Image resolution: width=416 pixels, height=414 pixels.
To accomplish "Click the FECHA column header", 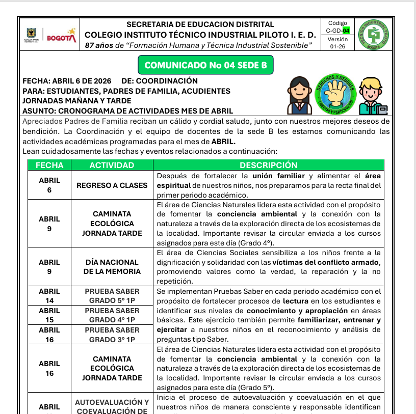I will (x=49, y=165).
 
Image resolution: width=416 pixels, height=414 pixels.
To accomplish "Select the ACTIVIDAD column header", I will (x=112, y=165).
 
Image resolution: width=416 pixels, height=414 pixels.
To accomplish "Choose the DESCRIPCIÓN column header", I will (x=268, y=165).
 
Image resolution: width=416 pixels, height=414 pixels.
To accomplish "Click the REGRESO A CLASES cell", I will (x=112, y=185).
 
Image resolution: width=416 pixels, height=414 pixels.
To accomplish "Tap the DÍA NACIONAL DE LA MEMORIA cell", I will (x=112, y=267).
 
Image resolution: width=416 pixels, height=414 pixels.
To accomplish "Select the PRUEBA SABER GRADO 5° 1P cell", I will (x=112, y=296).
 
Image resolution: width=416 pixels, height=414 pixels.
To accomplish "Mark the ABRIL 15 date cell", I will (x=49, y=315).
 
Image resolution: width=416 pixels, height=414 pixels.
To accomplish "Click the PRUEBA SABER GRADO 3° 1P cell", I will (x=112, y=335).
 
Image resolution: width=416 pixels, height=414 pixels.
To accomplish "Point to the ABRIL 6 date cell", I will (x=49, y=185).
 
